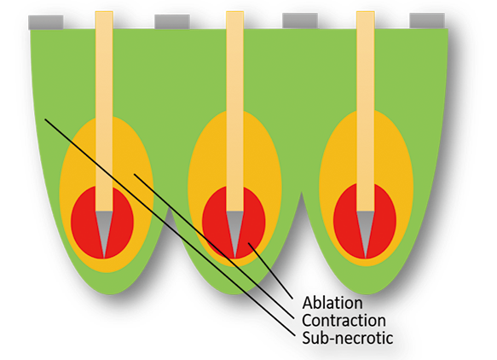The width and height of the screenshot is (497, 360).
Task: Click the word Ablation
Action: click(332, 303)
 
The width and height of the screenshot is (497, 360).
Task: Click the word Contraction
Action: click(344, 321)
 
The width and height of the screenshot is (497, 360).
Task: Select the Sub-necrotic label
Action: click(348, 338)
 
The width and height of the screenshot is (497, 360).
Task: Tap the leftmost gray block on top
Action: click(46, 22)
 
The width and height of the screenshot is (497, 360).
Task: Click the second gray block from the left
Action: click(172, 21)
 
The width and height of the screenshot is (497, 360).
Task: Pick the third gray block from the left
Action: click(300, 20)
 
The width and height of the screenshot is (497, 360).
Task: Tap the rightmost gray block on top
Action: click(427, 20)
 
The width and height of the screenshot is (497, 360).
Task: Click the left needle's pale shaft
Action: click(104, 111)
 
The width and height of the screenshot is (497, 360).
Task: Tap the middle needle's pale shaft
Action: click(235, 111)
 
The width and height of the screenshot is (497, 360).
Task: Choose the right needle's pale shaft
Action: click(366, 111)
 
